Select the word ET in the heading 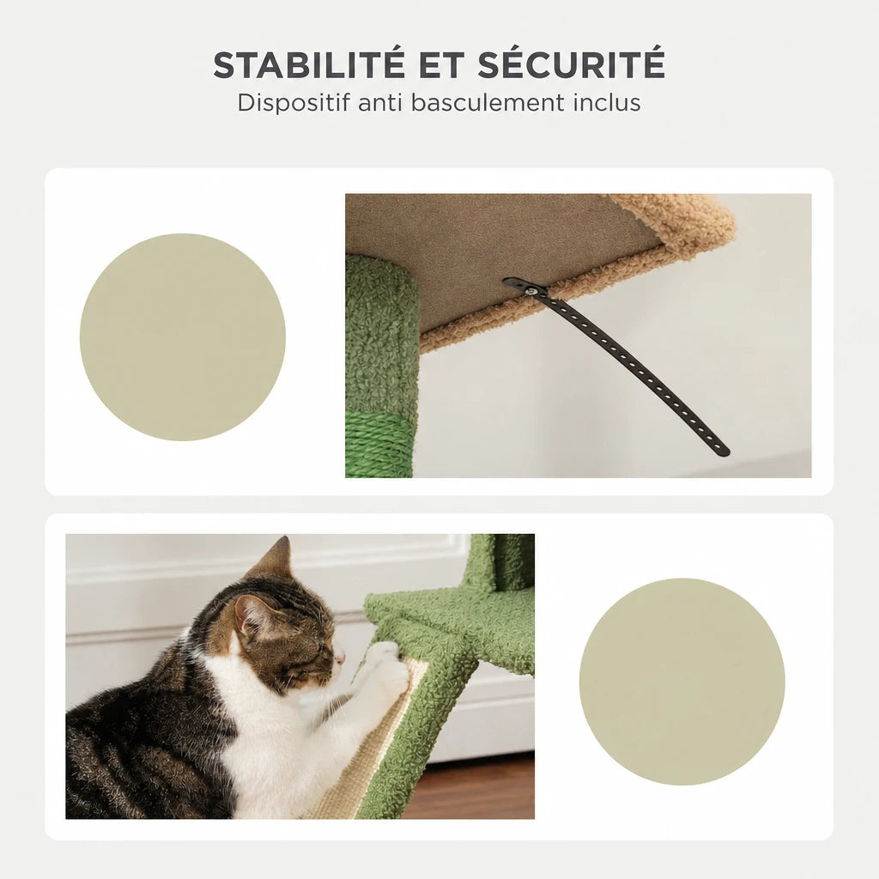pyautogui.click(x=440, y=64)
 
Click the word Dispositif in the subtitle pyautogui.click(x=294, y=103)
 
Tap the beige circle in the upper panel pyautogui.click(x=183, y=336)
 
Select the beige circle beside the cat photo pyautogui.click(x=682, y=681)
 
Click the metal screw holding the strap pyautogui.click(x=529, y=290)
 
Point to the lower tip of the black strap pyautogui.click(x=726, y=453)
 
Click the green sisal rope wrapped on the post pyautogui.click(x=379, y=445)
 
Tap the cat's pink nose pyautogui.click(x=339, y=659)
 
